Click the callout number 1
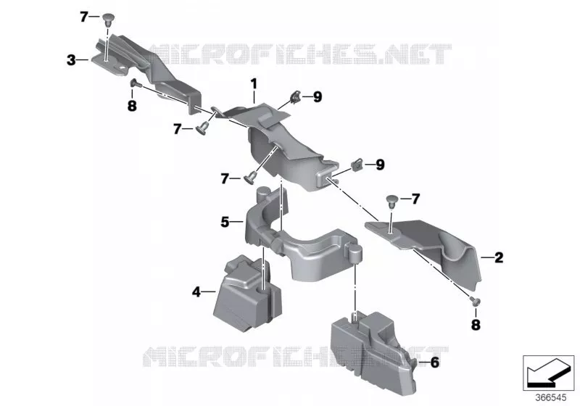[x=254, y=84]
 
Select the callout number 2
[x=499, y=257]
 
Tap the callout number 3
[x=71, y=60]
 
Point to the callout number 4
[x=196, y=292]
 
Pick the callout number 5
[x=225, y=223]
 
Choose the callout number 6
[x=435, y=362]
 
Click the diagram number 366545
[x=551, y=398]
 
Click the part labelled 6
[x=373, y=352]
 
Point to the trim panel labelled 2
[x=429, y=248]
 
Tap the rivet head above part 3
[x=107, y=18]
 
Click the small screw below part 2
[x=475, y=301]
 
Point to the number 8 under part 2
[x=476, y=325]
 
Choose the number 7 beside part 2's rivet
[x=415, y=199]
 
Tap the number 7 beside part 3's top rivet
[x=84, y=17]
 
